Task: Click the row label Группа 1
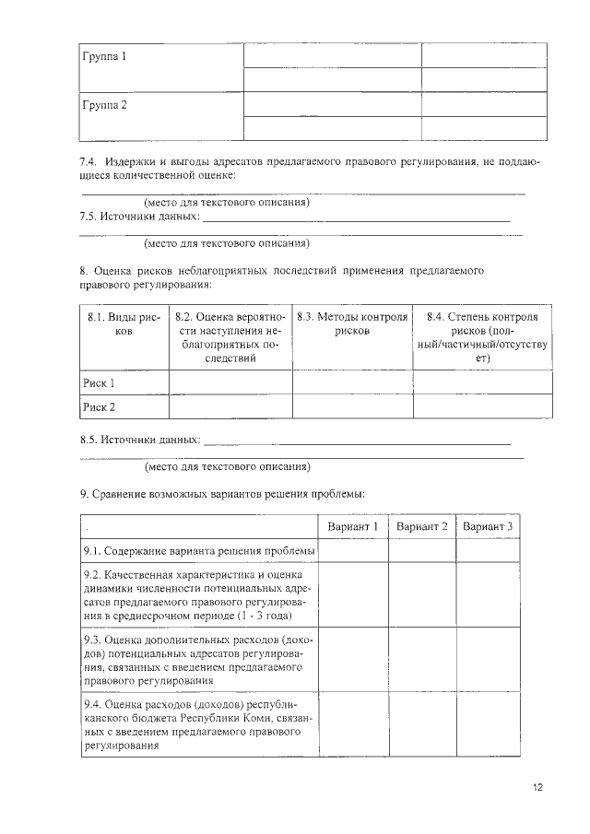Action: point(104,57)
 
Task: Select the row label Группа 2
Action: point(104,105)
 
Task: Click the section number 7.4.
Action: point(88,162)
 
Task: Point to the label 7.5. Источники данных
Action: point(139,217)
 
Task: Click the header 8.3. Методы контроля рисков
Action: point(352,323)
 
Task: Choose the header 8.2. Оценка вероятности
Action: point(230,336)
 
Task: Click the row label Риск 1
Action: point(100,382)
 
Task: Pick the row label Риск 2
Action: point(100,406)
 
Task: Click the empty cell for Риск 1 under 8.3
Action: point(352,382)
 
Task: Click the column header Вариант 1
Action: point(353,526)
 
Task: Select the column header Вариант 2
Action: point(421,526)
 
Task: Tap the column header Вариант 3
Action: point(488,526)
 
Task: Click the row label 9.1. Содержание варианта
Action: point(198,551)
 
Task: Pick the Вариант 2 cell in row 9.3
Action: point(421,659)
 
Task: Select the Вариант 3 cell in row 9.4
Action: point(488,723)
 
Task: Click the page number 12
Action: point(537,787)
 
